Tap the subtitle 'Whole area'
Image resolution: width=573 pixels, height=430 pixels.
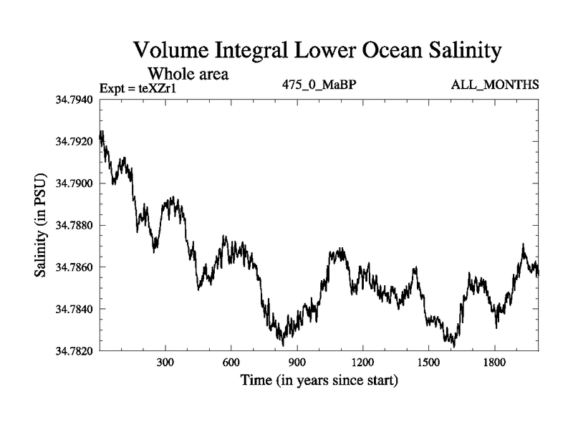tap(188, 73)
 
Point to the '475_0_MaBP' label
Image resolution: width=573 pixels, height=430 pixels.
tap(319, 85)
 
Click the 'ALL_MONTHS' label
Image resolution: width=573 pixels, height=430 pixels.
tap(495, 85)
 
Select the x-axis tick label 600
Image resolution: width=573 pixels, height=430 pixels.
tap(231, 363)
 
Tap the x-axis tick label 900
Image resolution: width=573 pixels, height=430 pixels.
tap(297, 363)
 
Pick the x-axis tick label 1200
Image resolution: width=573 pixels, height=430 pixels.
tap(362, 363)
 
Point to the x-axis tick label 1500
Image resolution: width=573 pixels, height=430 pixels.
tap(428, 363)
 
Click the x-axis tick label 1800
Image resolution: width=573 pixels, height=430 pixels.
tap(493, 363)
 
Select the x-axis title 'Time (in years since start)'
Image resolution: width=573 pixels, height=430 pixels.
tap(319, 380)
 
